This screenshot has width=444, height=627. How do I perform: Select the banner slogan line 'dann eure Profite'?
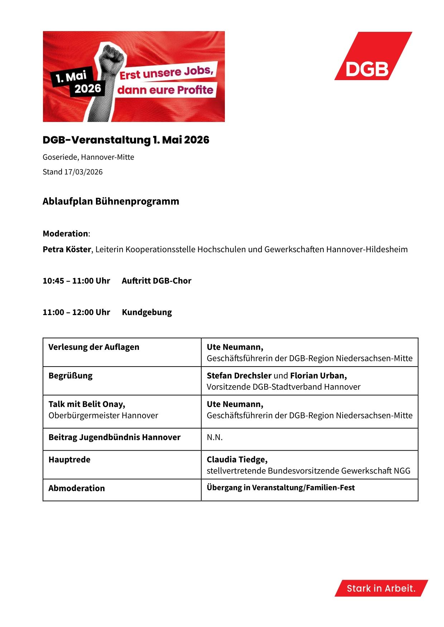coord(165,90)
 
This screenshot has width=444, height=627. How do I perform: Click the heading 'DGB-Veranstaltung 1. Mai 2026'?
coord(126,140)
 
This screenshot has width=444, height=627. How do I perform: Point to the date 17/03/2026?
coord(83,172)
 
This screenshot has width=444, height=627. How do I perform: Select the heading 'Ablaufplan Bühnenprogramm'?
coord(111,201)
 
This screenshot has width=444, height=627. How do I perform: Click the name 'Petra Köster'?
coord(67,249)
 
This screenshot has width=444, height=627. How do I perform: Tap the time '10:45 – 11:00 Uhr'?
coord(76,281)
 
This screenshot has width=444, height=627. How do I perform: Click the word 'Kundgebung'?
coord(147,312)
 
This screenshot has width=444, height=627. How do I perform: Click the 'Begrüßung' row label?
coord(71,376)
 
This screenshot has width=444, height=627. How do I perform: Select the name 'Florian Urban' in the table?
coord(318,376)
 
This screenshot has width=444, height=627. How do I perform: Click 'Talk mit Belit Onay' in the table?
coord(87,404)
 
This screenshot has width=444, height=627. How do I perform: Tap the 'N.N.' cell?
coord(215,437)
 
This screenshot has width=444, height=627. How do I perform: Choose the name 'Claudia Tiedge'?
coord(236,460)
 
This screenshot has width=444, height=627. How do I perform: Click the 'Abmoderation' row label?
coord(77,488)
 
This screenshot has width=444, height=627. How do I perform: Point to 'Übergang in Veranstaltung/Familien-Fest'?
coord(281,488)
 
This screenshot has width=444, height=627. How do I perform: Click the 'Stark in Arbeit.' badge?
coord(381,588)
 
